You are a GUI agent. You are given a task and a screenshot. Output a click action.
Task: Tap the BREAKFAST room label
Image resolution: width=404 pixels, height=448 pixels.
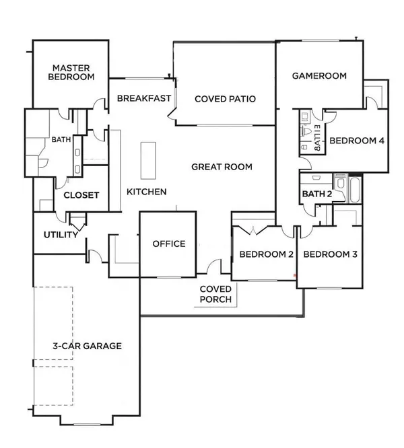click(142, 98)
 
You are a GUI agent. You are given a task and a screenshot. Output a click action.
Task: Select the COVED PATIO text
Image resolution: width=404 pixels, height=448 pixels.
click(225, 99)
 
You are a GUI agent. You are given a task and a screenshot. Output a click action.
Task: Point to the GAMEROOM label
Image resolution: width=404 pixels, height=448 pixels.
click(319, 76)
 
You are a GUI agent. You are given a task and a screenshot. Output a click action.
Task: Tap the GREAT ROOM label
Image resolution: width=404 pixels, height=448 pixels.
click(222, 167)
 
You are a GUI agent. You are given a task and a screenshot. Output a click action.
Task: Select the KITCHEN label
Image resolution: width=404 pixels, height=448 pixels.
click(147, 192)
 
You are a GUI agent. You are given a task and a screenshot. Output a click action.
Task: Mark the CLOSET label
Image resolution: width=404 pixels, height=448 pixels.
click(81, 196)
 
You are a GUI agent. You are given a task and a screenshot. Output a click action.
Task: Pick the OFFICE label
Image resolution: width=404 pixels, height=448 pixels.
click(168, 244)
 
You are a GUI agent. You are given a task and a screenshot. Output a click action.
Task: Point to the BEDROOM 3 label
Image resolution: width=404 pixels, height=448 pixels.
click(329, 255)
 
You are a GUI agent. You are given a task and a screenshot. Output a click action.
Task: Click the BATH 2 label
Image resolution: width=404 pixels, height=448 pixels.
click(317, 194)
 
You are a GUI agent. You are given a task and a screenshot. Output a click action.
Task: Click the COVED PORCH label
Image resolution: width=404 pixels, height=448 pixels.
click(216, 293)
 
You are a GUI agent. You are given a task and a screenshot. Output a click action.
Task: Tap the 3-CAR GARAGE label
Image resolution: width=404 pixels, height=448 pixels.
click(87, 346)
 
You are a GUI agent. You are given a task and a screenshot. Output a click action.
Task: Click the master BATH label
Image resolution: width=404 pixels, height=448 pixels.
click(61, 141)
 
